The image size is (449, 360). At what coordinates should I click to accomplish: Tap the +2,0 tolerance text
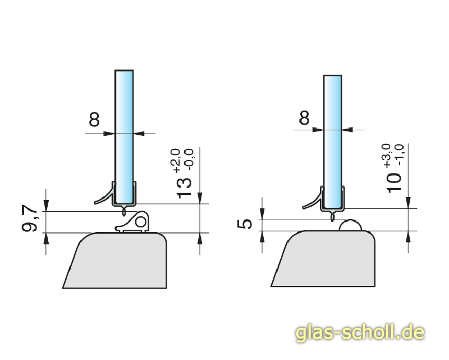pos(176,161)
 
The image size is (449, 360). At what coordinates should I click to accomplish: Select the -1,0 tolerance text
pos(399,155)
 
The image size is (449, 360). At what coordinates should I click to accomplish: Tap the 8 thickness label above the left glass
pos(94,119)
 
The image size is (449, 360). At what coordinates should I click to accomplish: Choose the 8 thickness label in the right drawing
pos(304,118)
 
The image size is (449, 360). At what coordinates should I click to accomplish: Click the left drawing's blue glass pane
pos(124,129)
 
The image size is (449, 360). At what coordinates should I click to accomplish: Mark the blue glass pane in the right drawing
pos(333,129)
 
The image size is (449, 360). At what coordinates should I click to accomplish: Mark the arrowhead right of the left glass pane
pos(140,133)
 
